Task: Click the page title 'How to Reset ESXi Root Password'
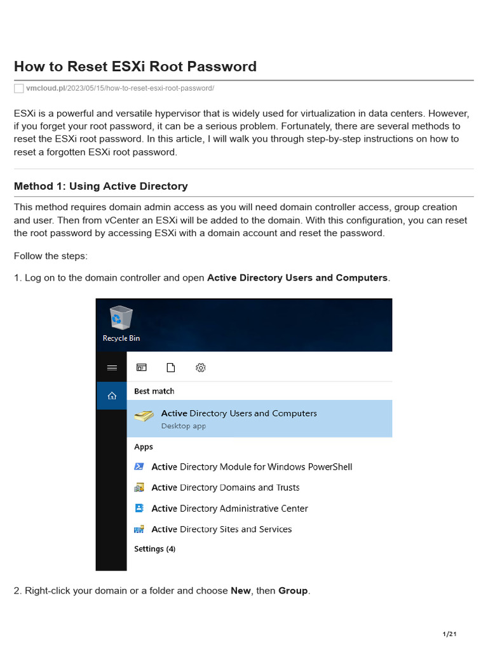135,66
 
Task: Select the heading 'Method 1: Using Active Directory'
100,186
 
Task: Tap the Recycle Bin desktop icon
121,321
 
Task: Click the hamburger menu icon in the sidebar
112,368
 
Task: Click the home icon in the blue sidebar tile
112,395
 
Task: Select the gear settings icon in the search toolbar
200,368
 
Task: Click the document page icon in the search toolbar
170,368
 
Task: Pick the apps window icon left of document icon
141,368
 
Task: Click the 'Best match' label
154,391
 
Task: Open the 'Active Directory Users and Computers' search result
239,413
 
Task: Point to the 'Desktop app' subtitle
183,426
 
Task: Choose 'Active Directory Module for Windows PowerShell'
252,467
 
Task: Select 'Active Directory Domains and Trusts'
225,487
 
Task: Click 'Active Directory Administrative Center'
229,508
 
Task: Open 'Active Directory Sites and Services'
221,529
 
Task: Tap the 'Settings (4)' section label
154,548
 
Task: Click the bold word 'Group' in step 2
293,590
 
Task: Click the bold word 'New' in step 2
240,590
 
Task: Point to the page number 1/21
449,634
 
